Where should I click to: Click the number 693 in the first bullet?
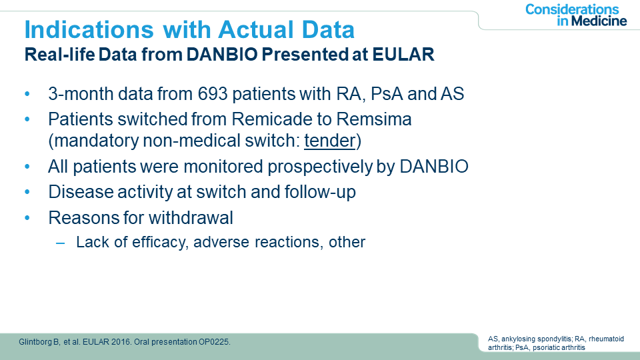click(x=213, y=93)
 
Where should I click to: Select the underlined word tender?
click(x=330, y=141)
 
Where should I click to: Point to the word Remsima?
click(x=374, y=119)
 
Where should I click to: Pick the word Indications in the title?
click(x=89, y=30)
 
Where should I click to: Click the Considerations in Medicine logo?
click(x=575, y=15)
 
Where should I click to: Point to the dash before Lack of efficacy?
click(x=61, y=243)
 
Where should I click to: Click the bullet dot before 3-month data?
click(x=27, y=94)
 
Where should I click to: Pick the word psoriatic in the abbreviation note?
click(x=546, y=348)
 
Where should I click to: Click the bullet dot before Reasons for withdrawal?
click(x=27, y=218)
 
